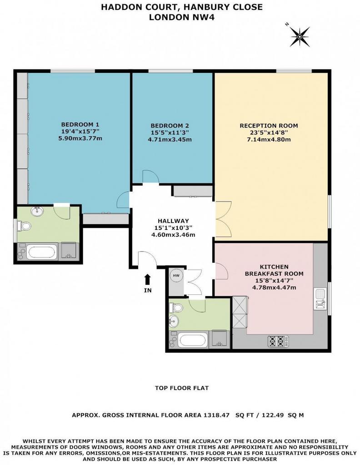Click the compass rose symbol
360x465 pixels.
(300, 37)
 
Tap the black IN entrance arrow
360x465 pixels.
(148, 280)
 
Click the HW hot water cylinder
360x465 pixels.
(176, 276)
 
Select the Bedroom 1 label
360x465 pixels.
(80, 124)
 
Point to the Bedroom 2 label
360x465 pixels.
(170, 126)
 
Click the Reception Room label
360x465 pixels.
(269, 126)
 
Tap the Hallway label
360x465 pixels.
(173, 221)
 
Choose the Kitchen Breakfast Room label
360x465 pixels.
(274, 270)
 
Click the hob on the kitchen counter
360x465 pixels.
(278, 341)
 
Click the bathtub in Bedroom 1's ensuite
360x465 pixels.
(41, 252)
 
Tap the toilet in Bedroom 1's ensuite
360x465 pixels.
(24, 226)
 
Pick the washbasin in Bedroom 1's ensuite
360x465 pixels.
(37, 211)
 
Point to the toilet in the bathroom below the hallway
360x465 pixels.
(176, 307)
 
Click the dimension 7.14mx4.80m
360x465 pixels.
(269, 139)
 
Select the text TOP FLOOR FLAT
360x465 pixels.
(182, 388)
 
